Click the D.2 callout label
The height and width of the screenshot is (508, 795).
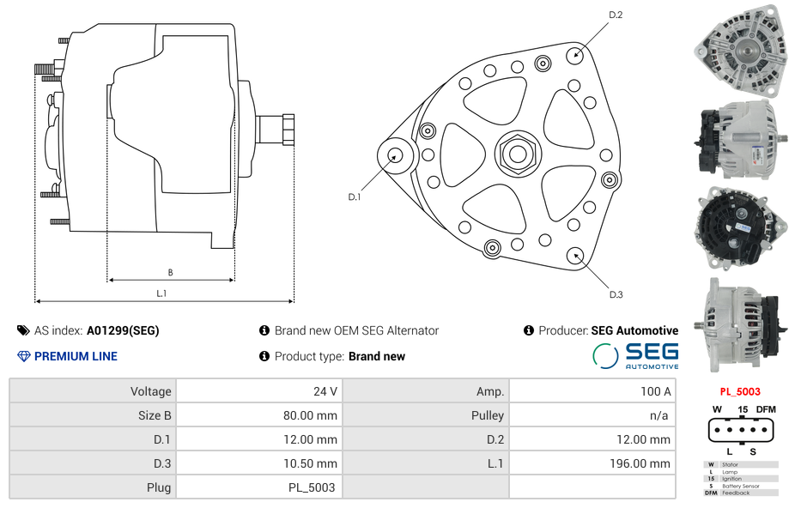(x=616, y=15)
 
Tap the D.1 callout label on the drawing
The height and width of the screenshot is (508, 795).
(x=355, y=197)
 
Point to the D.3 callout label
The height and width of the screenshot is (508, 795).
(x=616, y=294)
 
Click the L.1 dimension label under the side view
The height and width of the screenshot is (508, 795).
(x=161, y=293)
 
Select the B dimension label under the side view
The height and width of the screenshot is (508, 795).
(x=170, y=273)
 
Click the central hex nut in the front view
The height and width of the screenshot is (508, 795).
(x=518, y=154)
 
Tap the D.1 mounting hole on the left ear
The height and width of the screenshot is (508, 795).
(x=395, y=155)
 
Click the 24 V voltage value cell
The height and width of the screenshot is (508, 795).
(x=325, y=391)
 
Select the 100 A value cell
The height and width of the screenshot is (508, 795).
(x=656, y=391)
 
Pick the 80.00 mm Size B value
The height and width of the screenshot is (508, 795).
(x=310, y=415)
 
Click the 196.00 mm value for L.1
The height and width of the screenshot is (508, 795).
(x=640, y=463)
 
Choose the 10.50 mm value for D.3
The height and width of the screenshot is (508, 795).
(x=310, y=463)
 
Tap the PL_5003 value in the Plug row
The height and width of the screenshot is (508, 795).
(x=312, y=487)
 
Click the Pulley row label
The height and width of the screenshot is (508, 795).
(x=488, y=415)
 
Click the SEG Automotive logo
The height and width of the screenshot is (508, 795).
(x=635, y=356)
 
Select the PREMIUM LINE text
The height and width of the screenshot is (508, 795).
(x=76, y=356)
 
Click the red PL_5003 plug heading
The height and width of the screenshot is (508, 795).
(x=740, y=391)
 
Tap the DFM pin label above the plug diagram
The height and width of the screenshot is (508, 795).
(x=766, y=409)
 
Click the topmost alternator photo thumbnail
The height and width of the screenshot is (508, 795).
(x=741, y=51)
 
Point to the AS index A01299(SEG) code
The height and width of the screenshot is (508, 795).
(x=123, y=330)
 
